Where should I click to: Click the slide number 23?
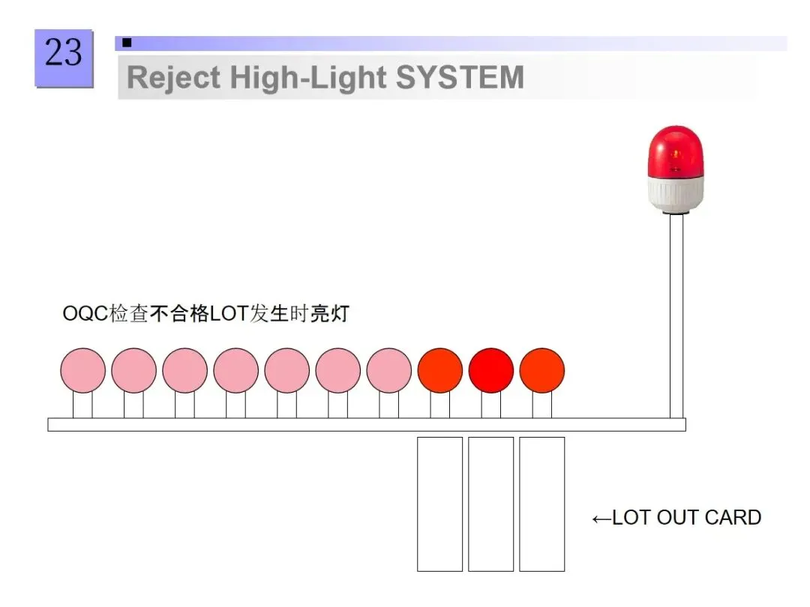[63, 54]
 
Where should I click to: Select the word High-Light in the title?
[307, 78]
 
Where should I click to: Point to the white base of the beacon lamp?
[675, 193]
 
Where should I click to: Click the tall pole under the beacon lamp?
[676, 315]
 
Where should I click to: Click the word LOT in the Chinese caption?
[228, 313]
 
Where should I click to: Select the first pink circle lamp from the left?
[82, 370]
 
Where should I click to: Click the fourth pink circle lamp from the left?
[235, 370]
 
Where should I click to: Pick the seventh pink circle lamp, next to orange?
[388, 370]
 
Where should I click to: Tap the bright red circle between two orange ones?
[490, 370]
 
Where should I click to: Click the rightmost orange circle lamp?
[541, 370]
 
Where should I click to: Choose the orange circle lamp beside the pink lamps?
[439, 370]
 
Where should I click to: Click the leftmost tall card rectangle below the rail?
[439, 504]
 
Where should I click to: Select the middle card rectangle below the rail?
[490, 504]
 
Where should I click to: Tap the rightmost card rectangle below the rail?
[541, 504]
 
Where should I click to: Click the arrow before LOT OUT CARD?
[601, 519]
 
